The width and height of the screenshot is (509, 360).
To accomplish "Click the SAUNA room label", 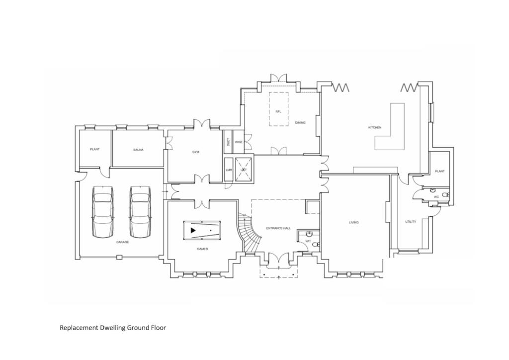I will pos(138,150).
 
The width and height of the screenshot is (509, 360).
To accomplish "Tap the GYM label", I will pos(196,152).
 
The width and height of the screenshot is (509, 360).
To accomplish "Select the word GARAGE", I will pos(123,242).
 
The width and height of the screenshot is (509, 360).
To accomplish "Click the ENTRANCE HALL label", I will pos(278,228).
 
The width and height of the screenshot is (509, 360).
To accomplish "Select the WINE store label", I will pos(239,142).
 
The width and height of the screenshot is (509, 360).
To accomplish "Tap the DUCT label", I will pos(228,142).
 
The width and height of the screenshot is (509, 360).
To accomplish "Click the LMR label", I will pos(229,170).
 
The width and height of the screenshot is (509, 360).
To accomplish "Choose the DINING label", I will pos(300,122).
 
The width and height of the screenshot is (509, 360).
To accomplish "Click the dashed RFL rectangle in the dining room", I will pos(278,108).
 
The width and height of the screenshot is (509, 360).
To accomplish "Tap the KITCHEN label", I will pos(375,128).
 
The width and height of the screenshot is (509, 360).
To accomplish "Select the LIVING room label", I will pos(353,222).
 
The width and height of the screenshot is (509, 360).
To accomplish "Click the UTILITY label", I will pos(411,222).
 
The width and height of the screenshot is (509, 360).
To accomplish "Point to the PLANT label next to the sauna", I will pos(95,150).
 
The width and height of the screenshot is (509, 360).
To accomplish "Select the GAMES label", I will pos(202,249).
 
